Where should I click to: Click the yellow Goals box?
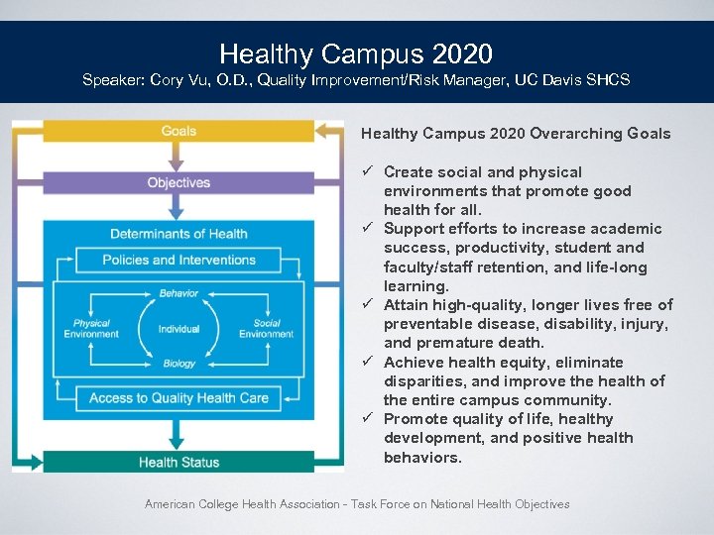coord(178,131)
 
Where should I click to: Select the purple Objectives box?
coord(178,182)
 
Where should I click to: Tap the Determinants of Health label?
coord(178,234)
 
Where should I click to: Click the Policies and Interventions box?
coord(178,261)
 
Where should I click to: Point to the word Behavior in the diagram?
coord(178,293)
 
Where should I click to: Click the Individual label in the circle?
coord(178,329)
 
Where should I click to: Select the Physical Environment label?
coord(91,329)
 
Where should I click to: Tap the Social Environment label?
coord(266,329)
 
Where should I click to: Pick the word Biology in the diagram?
coord(179,364)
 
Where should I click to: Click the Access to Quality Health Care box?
coord(178,398)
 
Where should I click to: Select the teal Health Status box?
coord(178,462)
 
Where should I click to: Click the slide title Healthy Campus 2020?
coord(356,53)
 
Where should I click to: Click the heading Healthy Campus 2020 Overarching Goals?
coord(516,134)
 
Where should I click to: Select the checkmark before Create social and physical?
coord(368,172)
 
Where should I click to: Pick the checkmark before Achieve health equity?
coord(368,363)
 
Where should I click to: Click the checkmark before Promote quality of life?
coord(368,419)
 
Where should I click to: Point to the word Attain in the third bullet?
coord(405,305)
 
